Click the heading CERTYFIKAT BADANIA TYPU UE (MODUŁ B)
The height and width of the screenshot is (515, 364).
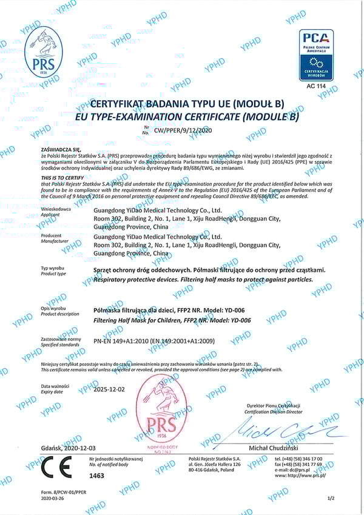point(182,104)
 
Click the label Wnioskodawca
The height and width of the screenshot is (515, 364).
point(55,208)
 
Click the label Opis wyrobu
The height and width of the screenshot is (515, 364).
point(53,308)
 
